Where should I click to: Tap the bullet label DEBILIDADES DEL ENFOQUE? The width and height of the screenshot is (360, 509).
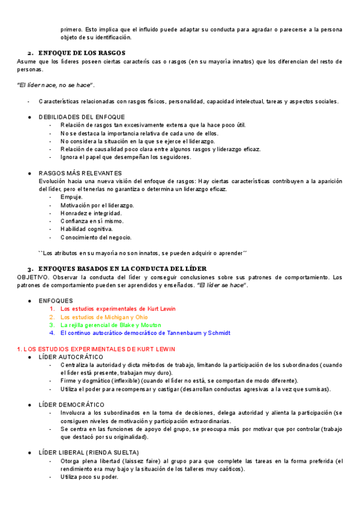pos(82,116)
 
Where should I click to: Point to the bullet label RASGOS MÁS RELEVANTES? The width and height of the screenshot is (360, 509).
pos(80,173)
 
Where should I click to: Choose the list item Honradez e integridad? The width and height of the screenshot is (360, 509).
pos(91,213)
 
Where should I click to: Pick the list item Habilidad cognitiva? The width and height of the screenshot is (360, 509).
pos(86,229)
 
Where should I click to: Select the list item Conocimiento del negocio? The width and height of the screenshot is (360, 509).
pos(96,236)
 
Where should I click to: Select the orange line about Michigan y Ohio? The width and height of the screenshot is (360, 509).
pos(104,317)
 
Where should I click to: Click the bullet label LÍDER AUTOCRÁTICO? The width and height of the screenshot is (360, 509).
pos(71,357)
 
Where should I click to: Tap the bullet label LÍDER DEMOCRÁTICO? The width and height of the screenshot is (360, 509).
pos(71,405)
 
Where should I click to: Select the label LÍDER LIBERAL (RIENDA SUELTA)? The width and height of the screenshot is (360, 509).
pos(88,452)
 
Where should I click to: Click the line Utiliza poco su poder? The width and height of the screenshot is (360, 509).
pos(89,477)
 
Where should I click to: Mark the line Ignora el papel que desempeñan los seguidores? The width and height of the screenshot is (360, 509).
pos(125,157)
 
